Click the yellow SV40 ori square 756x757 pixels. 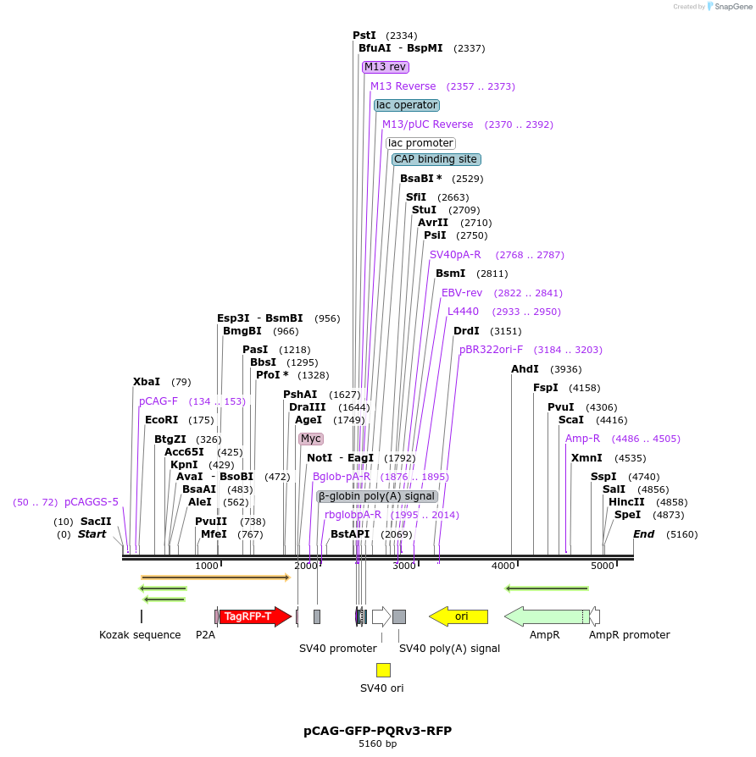(x=383, y=670)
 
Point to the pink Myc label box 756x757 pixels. (x=311, y=439)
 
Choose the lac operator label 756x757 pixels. (x=407, y=105)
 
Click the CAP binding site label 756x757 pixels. (x=436, y=159)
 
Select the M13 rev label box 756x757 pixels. (x=386, y=67)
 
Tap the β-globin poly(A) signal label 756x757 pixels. (x=377, y=496)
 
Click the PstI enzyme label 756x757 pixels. (x=364, y=36)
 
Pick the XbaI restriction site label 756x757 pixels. (x=147, y=382)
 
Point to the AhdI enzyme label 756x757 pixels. (x=525, y=369)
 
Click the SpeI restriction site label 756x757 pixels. (x=627, y=515)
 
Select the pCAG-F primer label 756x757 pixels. (x=158, y=401)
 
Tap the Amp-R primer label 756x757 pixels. (x=582, y=439)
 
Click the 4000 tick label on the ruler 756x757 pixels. (x=503, y=566)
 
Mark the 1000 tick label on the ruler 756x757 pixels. (x=207, y=566)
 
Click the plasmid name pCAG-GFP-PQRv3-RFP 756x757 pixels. (x=378, y=730)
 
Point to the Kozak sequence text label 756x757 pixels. (x=140, y=635)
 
